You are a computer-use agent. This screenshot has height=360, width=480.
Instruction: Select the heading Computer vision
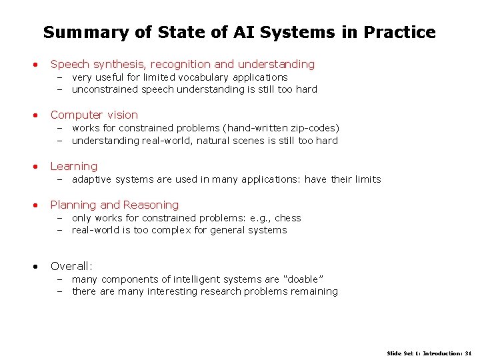[x=94, y=115]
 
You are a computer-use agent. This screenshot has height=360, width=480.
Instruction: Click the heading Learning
[x=74, y=166]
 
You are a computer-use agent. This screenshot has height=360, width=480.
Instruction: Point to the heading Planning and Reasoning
[x=115, y=205]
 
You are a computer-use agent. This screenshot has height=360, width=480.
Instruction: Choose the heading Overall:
[x=72, y=265]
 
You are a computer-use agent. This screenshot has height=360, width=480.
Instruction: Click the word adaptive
[x=92, y=179]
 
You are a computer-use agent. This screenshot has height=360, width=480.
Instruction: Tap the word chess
[x=287, y=218]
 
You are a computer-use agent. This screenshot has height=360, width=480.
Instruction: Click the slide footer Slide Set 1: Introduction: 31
[x=429, y=353]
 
